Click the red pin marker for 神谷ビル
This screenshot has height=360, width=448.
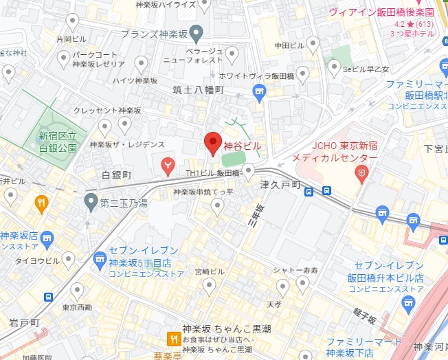[x=213, y=142]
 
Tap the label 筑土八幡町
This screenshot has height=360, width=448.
[x=199, y=90]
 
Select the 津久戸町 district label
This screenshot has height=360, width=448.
[x=281, y=185]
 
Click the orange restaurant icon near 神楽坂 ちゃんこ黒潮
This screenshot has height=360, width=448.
[x=174, y=339]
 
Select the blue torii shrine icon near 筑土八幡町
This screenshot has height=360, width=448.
[x=258, y=91]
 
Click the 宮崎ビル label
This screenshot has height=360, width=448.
[x=210, y=272]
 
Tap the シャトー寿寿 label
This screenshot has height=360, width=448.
[x=295, y=270]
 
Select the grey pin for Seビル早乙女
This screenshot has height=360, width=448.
[x=335, y=67]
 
